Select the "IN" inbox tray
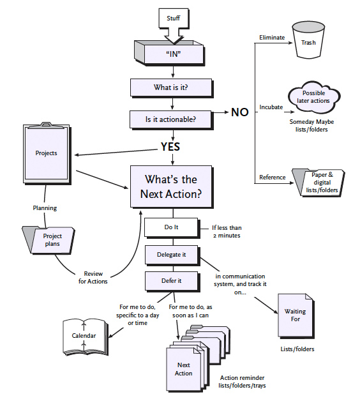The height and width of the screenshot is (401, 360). click(x=170, y=53)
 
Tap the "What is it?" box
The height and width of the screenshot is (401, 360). click(x=172, y=88)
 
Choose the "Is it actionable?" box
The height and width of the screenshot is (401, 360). click(x=171, y=119)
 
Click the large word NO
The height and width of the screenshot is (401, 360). click(x=240, y=112)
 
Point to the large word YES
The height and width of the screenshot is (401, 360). click(x=170, y=146)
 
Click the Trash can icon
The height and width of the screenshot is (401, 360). click(x=308, y=40)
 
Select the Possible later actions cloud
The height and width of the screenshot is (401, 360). click(x=313, y=97)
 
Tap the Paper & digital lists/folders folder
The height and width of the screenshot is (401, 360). click(x=319, y=183)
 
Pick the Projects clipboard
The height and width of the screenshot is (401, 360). click(x=47, y=153)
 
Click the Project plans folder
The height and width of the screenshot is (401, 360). click(x=49, y=240)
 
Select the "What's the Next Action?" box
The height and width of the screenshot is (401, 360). click(x=172, y=187)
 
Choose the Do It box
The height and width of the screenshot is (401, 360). click(x=172, y=227)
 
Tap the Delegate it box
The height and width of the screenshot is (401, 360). click(x=172, y=255)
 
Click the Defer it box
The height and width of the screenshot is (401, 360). click(x=172, y=281)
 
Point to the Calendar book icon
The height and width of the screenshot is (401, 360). click(x=86, y=337)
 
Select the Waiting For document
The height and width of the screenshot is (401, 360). click(x=296, y=316)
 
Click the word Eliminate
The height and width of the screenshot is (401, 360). click(x=272, y=38)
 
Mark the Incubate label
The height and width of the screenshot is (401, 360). click(x=271, y=107)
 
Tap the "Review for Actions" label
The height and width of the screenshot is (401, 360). click(x=93, y=278)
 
